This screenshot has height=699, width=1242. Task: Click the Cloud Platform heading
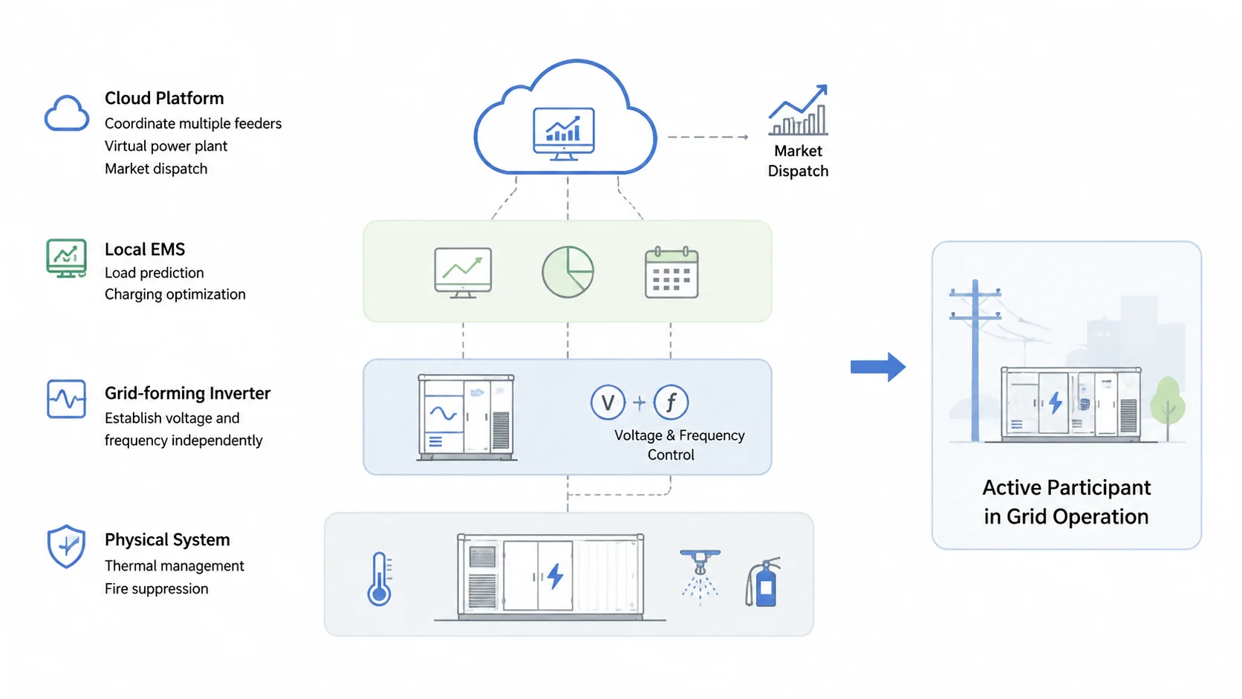coord(164,98)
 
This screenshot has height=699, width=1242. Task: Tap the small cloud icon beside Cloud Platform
coord(67,113)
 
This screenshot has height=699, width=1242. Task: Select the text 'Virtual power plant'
coord(166,146)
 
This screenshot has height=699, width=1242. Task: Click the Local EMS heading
coord(145,250)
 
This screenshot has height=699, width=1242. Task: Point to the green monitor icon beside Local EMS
coord(67,258)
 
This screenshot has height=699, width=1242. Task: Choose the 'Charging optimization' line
coord(175,294)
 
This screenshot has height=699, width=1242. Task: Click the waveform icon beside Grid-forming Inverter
coord(67,399)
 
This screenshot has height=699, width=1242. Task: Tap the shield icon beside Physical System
coord(67,547)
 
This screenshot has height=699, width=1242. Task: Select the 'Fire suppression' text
coord(156,588)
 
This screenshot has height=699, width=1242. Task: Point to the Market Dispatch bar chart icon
coord(799,110)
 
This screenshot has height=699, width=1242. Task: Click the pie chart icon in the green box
coord(568,272)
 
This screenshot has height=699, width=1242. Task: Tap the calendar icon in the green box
coord(672,273)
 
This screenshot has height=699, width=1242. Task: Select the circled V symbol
coord(608,402)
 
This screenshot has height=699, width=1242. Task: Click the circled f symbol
coord(671,402)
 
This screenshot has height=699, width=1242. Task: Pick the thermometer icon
coord(380,578)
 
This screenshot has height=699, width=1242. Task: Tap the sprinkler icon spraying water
coord(700,576)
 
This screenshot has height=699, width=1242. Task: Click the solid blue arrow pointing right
coord(878,367)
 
